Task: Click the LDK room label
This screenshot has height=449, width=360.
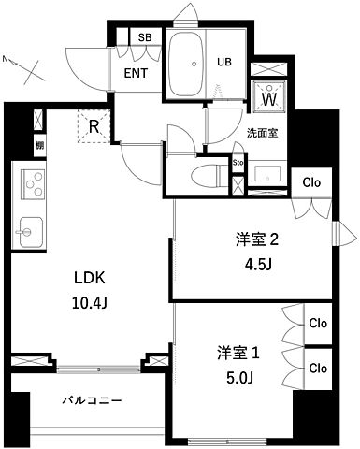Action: click(x=92, y=278)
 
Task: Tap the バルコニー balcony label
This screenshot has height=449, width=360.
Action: click(x=93, y=400)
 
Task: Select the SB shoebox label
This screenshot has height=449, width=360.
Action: click(x=145, y=37)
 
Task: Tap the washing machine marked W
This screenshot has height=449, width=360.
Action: click(x=269, y=96)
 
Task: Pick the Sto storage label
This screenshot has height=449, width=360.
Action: click(x=238, y=162)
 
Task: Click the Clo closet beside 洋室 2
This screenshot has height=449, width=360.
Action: click(x=311, y=181)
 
